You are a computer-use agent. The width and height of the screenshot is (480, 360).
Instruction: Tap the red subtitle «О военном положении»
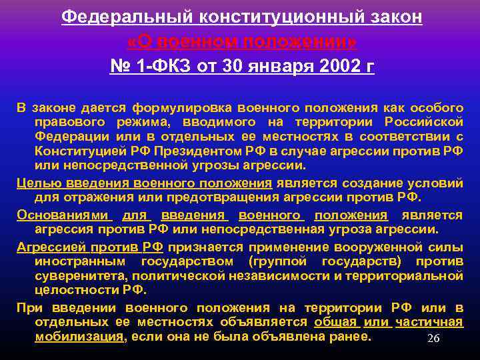tap(241, 41)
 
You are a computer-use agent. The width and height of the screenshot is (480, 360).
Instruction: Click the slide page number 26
tap(433, 339)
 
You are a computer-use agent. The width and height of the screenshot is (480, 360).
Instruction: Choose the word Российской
tap(423, 121)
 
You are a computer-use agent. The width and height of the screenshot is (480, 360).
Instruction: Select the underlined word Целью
tap(34, 183)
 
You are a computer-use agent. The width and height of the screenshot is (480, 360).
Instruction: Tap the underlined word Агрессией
tap(46, 247)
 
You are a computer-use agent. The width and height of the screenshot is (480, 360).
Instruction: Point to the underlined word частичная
tap(429, 322)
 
